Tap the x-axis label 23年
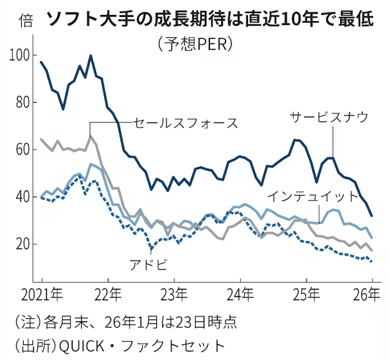[176, 293]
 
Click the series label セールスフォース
[186, 123]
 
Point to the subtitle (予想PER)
[196, 44]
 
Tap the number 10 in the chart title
[264, 20]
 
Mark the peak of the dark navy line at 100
[91, 55]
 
